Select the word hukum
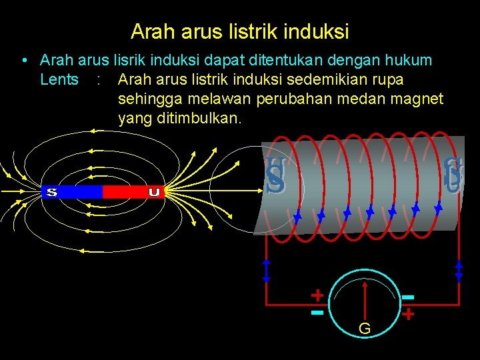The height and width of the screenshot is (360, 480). pos(408,61)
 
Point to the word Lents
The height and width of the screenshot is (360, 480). pos(59,80)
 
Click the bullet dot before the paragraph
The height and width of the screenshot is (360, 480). pos(24,61)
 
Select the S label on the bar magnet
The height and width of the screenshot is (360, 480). pos(51,192)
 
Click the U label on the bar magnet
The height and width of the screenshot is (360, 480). pos(154,192)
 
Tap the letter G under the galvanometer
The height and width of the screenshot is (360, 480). pos(365,329)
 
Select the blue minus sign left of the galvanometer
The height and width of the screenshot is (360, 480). pos(317,311)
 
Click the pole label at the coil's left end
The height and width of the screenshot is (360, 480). pos(275,177)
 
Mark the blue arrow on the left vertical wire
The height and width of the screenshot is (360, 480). pos(266,269)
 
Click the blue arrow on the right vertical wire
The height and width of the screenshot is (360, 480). pos(459,269)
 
